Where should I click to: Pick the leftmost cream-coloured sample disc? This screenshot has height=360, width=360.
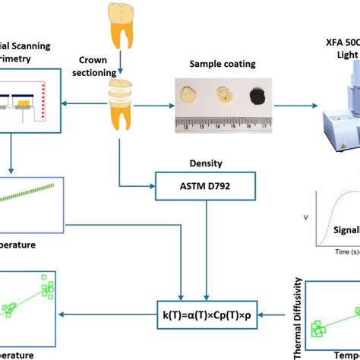(188, 95)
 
